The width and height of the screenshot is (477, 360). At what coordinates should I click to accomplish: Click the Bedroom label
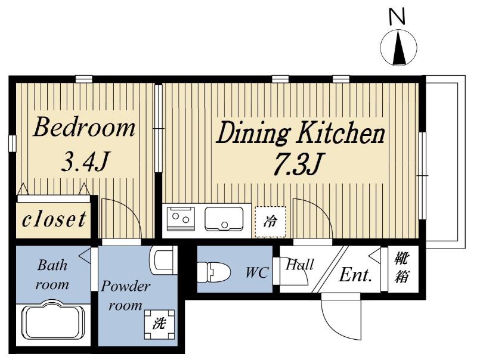click(84, 128)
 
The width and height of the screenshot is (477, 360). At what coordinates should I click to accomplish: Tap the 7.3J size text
click(298, 164)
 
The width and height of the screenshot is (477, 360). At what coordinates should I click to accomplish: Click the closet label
click(54, 219)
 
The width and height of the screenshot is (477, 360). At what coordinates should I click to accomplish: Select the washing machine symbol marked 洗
click(159, 324)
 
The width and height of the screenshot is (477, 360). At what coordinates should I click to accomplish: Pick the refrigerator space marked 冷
click(271, 222)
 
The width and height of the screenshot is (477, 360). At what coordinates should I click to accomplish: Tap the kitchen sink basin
click(224, 219)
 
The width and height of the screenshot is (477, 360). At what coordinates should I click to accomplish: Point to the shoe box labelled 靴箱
click(402, 268)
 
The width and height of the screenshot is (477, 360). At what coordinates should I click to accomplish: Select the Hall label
click(300, 265)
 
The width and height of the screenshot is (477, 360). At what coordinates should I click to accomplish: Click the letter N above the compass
click(397, 17)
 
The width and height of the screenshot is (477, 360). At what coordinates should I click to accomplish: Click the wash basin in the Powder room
click(163, 260)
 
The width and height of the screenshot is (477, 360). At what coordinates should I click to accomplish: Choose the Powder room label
click(125, 296)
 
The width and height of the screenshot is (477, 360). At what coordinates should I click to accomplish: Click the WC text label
click(257, 273)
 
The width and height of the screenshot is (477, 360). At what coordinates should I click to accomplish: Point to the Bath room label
click(52, 275)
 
